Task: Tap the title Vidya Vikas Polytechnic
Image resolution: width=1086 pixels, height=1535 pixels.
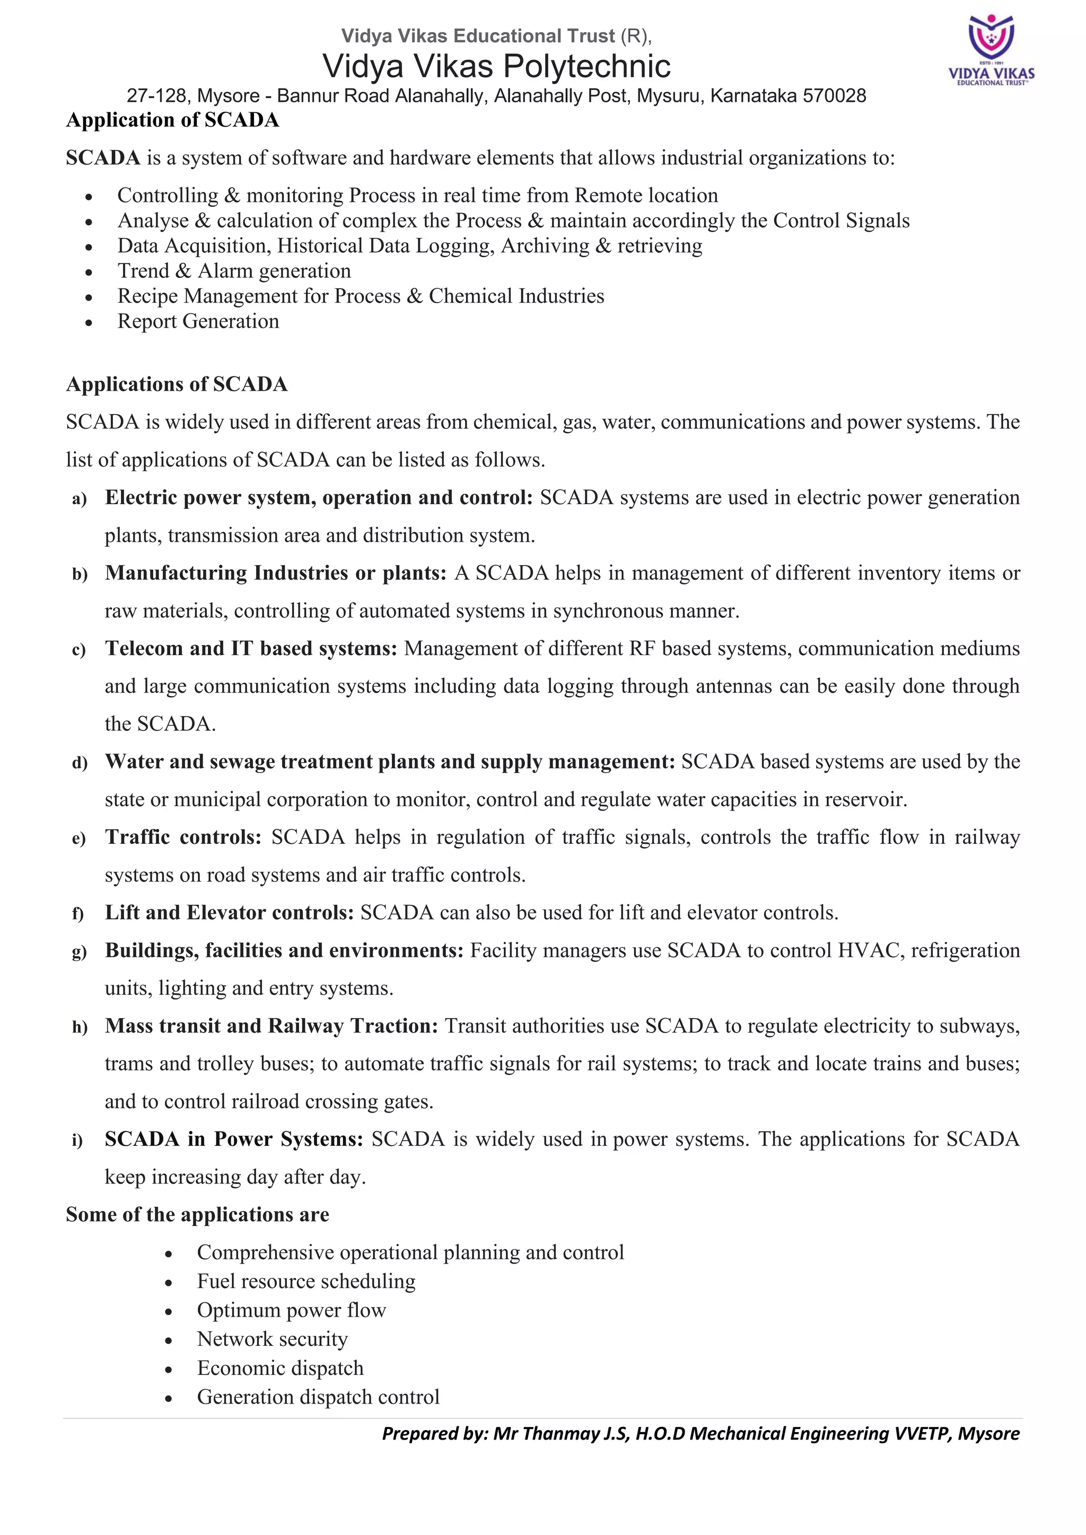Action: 496,66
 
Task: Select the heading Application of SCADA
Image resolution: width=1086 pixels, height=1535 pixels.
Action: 172,120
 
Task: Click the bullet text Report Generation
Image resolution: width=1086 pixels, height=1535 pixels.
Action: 198,322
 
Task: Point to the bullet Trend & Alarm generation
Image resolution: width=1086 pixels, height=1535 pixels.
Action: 234,271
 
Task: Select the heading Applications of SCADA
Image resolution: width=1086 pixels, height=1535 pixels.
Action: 177,384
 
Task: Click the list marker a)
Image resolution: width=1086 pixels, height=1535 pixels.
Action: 80,499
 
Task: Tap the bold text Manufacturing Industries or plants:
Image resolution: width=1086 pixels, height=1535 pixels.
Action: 275,573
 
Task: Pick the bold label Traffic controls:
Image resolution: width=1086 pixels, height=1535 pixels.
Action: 182,837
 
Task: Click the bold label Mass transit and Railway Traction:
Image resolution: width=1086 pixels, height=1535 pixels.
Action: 271,1026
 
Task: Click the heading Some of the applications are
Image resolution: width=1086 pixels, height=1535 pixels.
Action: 197,1215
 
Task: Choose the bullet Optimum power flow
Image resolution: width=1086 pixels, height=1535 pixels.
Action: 291,1310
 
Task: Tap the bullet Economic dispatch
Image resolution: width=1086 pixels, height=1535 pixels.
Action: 279,1368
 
